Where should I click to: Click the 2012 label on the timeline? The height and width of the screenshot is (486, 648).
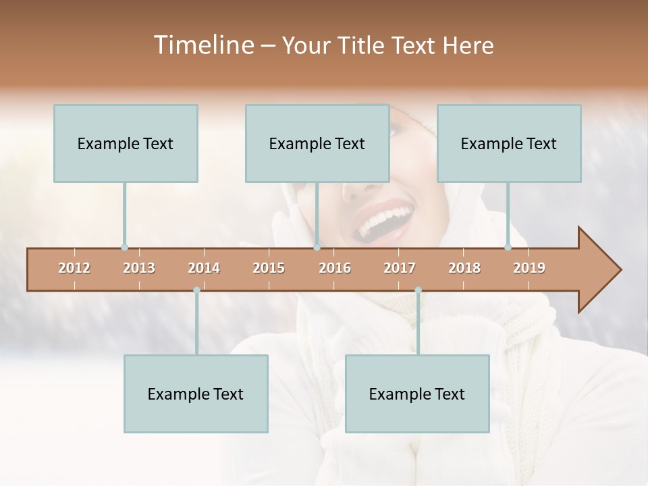click(74, 268)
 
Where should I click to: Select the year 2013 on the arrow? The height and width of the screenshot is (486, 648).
click(139, 268)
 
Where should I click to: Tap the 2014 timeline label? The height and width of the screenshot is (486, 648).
click(204, 268)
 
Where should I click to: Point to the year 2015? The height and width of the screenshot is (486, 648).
click(269, 268)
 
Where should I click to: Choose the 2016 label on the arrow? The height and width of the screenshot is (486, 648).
click(335, 268)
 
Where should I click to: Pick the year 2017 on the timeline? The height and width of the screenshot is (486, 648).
click(400, 268)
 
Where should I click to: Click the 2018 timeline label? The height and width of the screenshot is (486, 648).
click(464, 268)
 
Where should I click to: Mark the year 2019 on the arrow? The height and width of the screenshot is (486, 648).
click(529, 268)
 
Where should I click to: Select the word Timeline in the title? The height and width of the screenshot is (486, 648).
click(202, 45)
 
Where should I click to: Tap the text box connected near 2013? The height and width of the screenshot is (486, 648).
click(126, 143)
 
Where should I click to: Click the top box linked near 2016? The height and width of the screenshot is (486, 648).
click(317, 143)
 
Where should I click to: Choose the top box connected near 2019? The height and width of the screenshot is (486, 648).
click(509, 143)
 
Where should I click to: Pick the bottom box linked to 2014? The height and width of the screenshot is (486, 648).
click(196, 394)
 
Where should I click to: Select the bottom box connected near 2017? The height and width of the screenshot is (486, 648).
click(417, 394)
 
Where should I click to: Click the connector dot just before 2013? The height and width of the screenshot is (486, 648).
click(124, 247)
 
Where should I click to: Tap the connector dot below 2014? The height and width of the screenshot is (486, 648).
click(196, 290)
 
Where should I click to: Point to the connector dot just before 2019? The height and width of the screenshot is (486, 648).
click(508, 247)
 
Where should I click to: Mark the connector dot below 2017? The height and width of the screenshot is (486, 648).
click(418, 290)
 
